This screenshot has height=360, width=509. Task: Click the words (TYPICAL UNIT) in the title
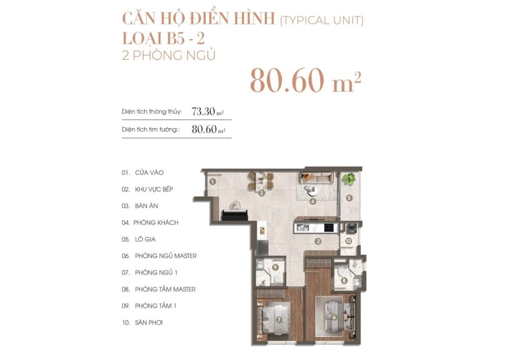point(322,20)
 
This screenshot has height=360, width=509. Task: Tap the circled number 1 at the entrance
point(212,181)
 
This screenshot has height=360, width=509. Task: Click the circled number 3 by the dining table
point(261,192)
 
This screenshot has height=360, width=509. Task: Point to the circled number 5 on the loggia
point(349,198)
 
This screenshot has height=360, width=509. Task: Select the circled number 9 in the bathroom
point(275,267)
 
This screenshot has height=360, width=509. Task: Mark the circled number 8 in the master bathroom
point(344,280)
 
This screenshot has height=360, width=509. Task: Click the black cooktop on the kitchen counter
point(329,228)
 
